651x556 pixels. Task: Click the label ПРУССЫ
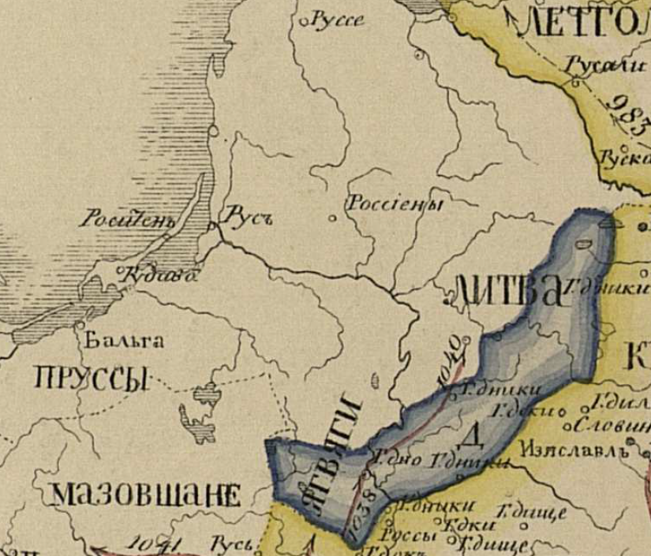pos(92,379)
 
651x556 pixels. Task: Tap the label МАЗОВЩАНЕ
pos(146,495)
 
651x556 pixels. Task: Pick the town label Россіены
pos(394,203)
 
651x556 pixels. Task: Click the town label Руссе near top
pos(338,20)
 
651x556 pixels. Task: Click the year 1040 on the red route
pos(451,362)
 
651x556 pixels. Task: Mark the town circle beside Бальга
pos(80,324)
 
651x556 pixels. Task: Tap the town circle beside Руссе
pos(303,23)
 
